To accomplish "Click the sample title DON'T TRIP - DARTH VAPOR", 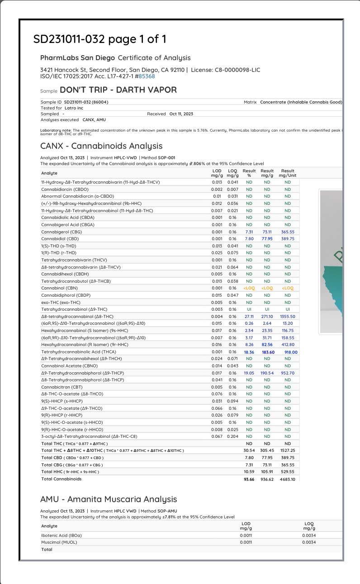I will point(118,90).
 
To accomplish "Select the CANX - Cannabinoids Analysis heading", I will point(101,146).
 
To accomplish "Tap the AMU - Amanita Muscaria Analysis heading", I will point(109,499).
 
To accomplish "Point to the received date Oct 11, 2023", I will point(181,114).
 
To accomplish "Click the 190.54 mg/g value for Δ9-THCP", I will point(267,373).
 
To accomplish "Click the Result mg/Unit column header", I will point(288,173).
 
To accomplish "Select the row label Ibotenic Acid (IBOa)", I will point(62,535).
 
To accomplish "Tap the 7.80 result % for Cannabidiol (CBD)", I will point(249,238).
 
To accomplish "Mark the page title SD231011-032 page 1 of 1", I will point(99,39).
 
